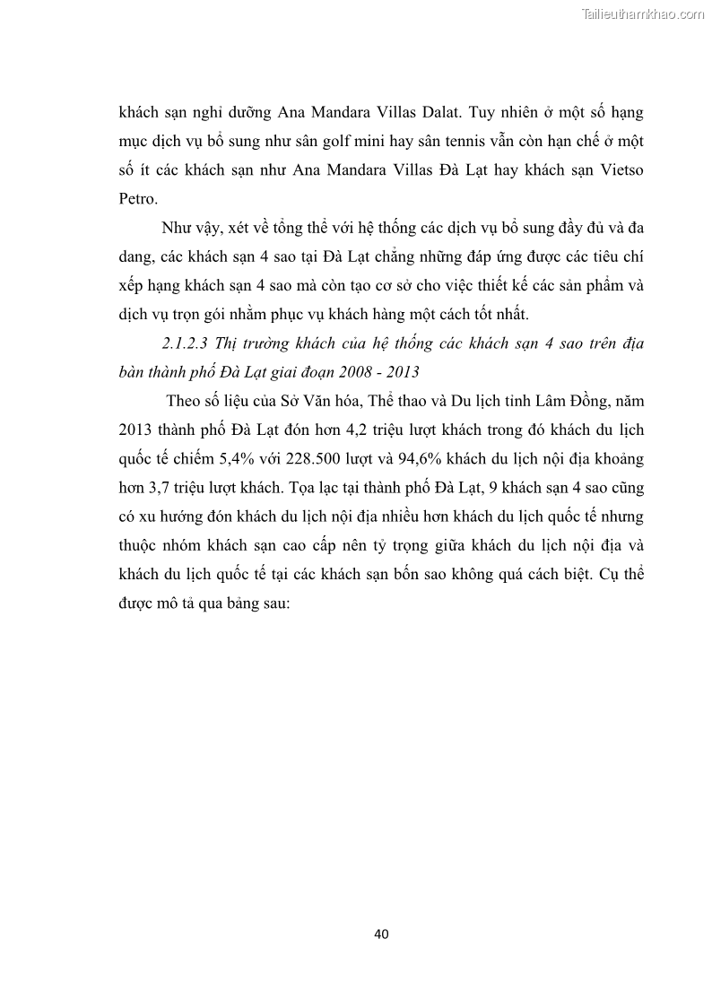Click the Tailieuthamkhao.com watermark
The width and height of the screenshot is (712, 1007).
click(643, 13)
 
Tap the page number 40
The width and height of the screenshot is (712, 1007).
click(381, 933)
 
